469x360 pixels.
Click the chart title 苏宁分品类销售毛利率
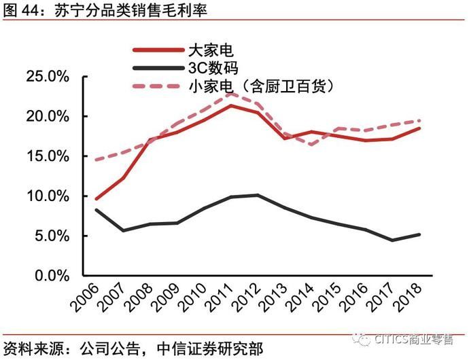click(x=129, y=10)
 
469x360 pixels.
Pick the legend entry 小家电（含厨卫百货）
click(x=262, y=86)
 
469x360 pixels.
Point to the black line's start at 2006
click(x=97, y=209)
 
